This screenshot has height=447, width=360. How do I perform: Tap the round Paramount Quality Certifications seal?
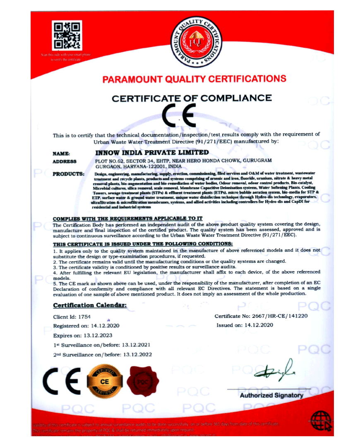pyautogui.click(x=196, y=42)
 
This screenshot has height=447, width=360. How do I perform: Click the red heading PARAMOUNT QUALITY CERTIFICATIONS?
pyautogui.click(x=194, y=79)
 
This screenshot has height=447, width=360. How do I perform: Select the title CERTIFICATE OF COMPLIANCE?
pyautogui.click(x=192, y=99)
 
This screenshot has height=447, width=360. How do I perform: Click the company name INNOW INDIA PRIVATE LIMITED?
pyautogui.click(x=152, y=152)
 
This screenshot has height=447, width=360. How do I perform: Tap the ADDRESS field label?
pyautogui.click(x=65, y=161)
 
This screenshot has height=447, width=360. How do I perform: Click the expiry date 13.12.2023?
pyautogui.click(x=97, y=335)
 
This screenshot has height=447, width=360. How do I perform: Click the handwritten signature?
pyautogui.click(x=274, y=371)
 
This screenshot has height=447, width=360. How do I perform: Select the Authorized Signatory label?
pyautogui.click(x=271, y=395)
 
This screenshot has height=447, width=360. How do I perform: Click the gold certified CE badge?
pyautogui.click(x=105, y=381)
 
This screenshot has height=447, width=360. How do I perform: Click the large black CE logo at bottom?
pyautogui.click(x=62, y=381)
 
